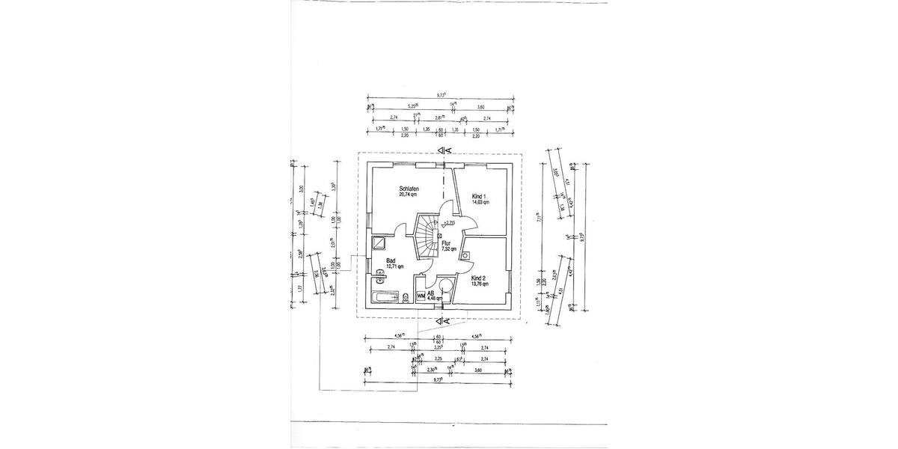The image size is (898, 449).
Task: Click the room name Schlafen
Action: (409, 189)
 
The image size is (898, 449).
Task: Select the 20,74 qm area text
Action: (409, 195)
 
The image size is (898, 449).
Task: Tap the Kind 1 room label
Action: (479, 196)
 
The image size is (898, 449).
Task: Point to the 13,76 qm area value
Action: (480, 284)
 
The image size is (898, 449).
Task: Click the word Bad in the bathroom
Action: (390, 260)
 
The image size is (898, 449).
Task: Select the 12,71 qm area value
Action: (394, 266)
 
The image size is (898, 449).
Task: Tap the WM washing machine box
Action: (421, 296)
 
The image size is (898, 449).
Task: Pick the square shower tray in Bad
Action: (380, 242)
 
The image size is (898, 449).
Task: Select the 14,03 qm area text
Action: (480, 202)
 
